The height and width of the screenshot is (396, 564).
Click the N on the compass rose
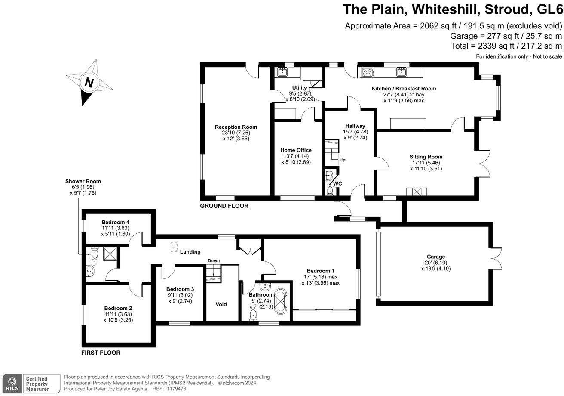coord(89,82)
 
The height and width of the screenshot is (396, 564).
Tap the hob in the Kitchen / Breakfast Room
coord(368,72)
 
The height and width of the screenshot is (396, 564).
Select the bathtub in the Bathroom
coord(280,301)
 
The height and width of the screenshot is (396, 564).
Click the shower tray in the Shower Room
coord(110,254)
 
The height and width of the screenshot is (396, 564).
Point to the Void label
coord(221,304)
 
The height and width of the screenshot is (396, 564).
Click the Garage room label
coord(436,257)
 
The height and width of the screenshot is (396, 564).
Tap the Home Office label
coord(296,150)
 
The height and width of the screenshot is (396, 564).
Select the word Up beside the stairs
coord(343,160)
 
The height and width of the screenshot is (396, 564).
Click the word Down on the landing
coord(214,261)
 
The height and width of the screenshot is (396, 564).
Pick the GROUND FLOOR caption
coord(224,206)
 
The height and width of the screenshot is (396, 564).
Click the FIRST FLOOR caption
coord(101,353)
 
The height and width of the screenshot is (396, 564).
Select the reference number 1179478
coord(176,389)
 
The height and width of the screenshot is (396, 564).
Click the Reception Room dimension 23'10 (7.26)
coord(236,133)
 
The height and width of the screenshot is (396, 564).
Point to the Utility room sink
coord(283,72)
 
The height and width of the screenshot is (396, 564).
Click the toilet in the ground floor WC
coord(330,191)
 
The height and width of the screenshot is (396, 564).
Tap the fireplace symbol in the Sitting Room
coord(417,192)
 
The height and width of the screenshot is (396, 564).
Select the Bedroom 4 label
coord(115,222)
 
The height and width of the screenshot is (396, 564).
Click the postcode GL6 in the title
coord(550,9)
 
